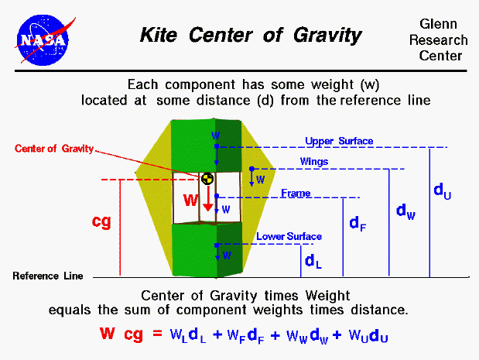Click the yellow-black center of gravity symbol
point(207,179)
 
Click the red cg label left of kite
point(101,221)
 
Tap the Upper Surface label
point(339,141)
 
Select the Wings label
point(314,162)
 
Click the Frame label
point(294,192)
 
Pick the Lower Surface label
point(289,236)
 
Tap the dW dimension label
point(405,210)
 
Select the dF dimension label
point(358,225)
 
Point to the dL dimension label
point(313,261)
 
